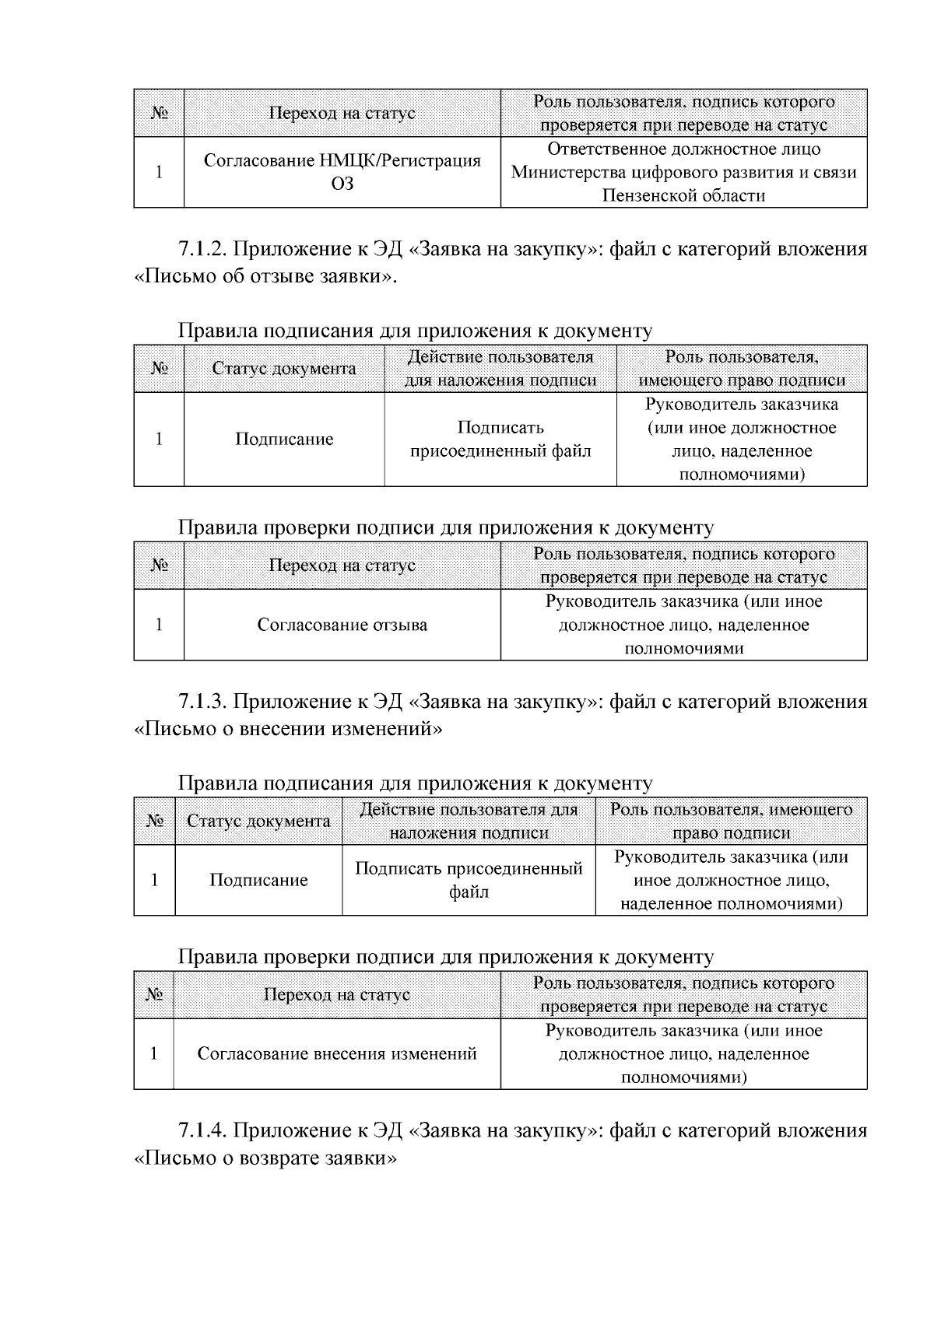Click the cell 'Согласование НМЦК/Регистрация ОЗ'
342,172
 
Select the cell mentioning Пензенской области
683,172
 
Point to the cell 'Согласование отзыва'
342,625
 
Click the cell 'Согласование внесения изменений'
336,1054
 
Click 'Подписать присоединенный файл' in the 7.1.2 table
500,440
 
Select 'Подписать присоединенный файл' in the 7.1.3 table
469,880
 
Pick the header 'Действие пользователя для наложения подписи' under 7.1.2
500,369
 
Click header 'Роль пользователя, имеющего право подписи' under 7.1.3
731,821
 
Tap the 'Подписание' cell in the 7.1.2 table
284,440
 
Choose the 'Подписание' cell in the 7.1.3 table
258,880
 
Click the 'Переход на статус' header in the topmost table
342,114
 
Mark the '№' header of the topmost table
159,114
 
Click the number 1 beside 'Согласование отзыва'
159,625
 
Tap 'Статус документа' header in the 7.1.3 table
258,821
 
